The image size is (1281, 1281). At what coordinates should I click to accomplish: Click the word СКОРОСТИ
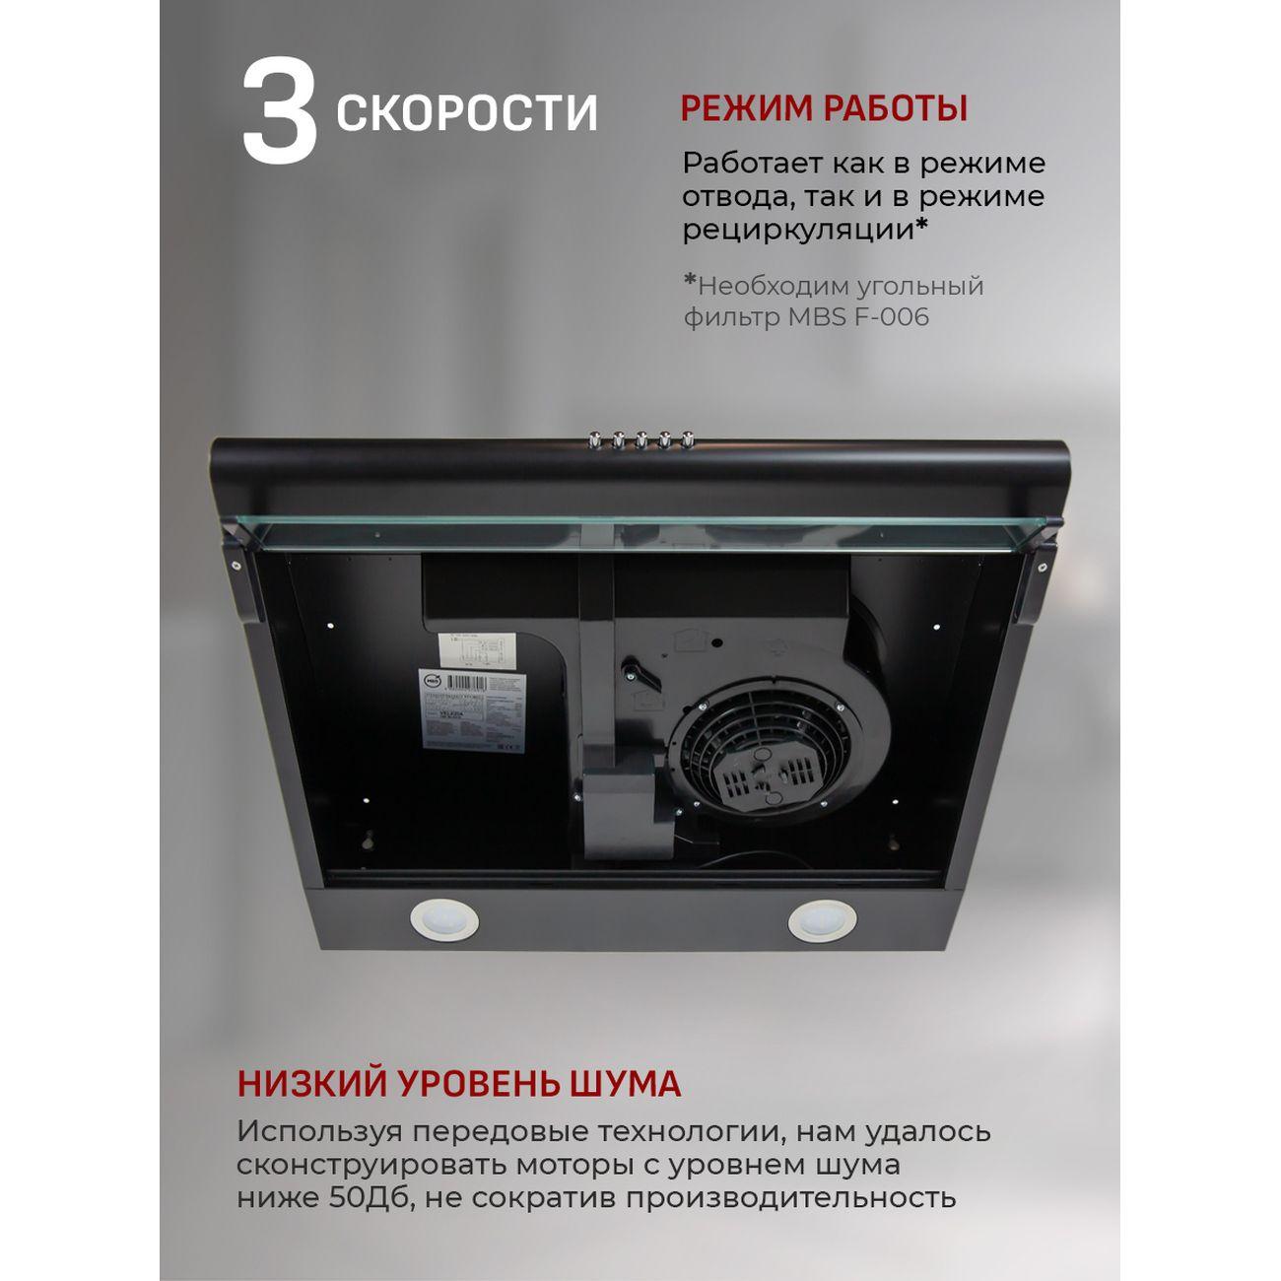click(x=467, y=113)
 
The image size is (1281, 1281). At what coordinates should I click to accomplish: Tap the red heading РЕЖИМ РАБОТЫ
click(x=824, y=108)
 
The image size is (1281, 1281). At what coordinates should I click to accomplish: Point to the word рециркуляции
click(x=799, y=230)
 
